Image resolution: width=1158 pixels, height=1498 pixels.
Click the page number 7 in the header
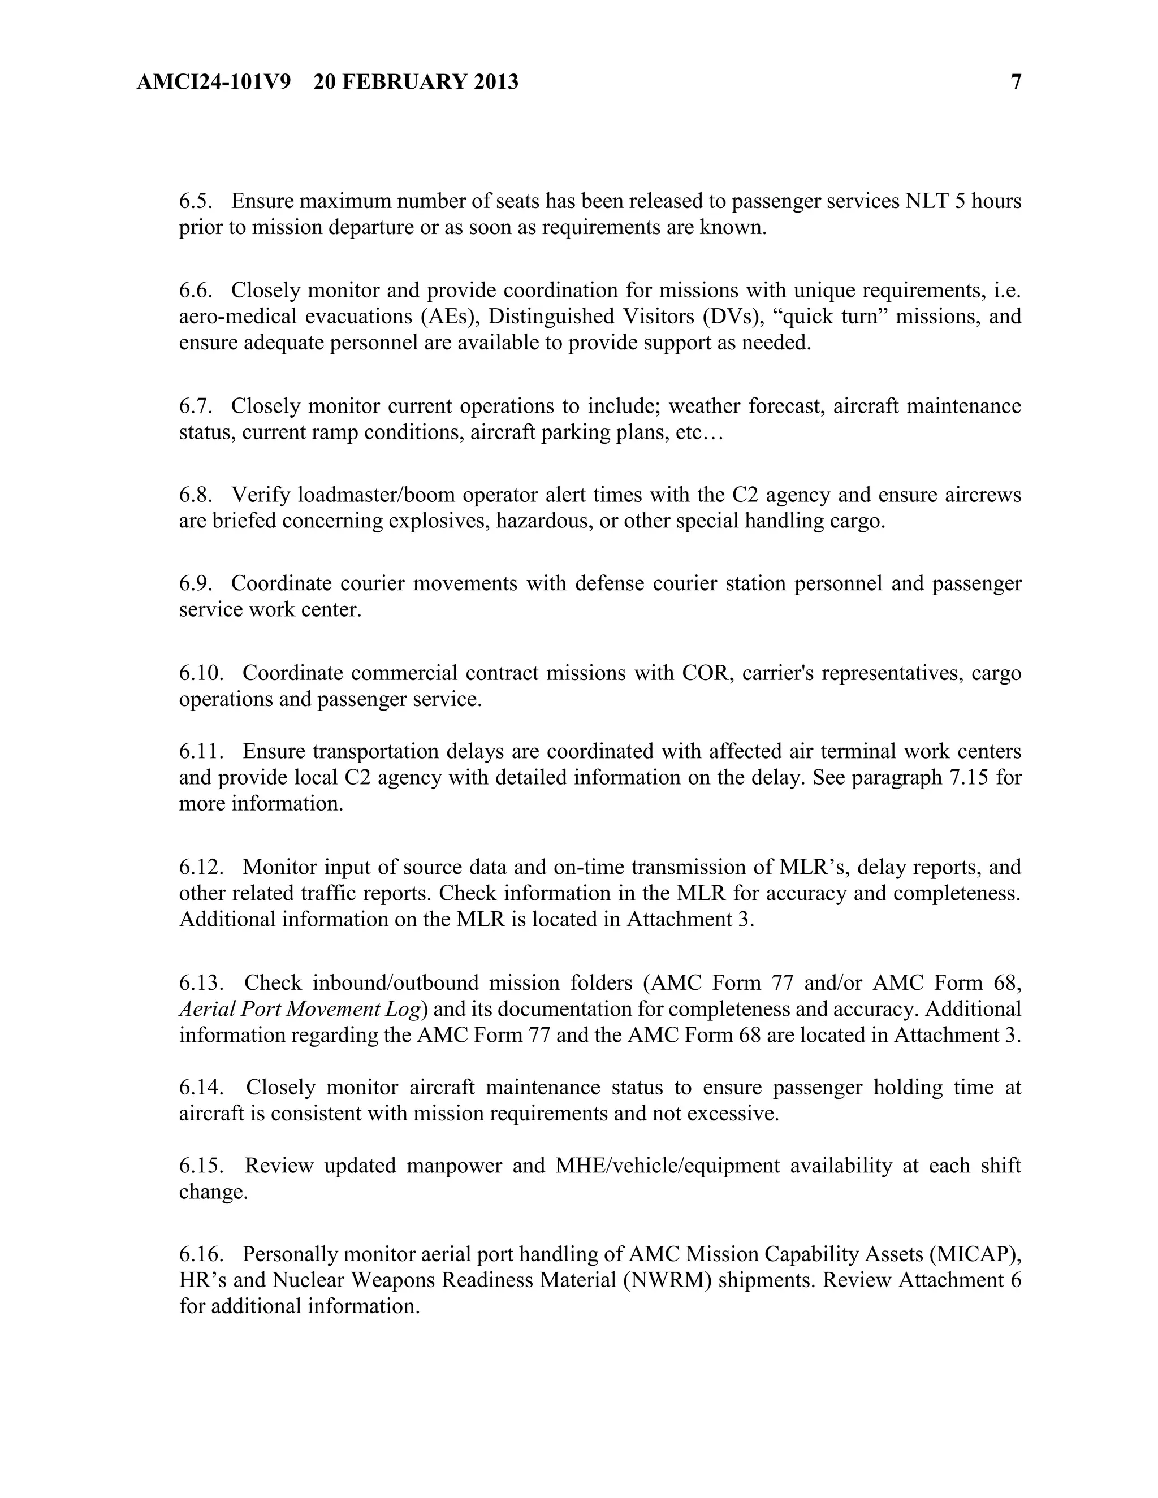click(1016, 83)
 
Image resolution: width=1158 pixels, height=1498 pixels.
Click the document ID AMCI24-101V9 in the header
click(213, 83)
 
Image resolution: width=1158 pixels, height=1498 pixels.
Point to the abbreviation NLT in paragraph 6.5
click(927, 201)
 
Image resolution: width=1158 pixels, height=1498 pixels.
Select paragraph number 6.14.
click(200, 1087)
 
